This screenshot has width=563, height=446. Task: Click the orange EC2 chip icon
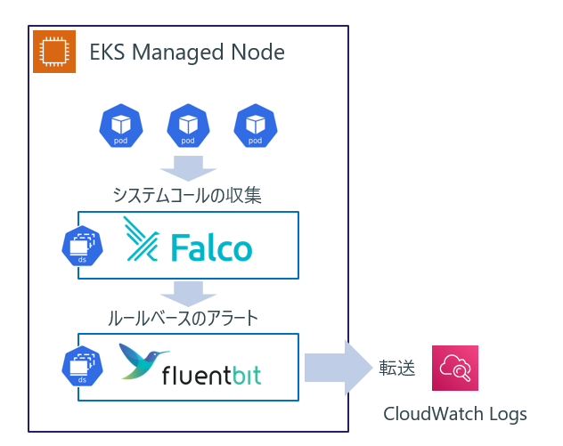(x=54, y=52)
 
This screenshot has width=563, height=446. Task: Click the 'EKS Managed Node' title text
(x=187, y=53)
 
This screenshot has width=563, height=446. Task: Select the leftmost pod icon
(x=121, y=126)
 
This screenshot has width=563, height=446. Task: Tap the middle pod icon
(x=188, y=126)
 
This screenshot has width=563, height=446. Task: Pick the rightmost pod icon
(x=256, y=126)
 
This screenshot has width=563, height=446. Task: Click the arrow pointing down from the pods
(x=188, y=168)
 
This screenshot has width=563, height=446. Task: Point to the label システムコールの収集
(x=187, y=196)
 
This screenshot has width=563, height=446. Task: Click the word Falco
(x=211, y=247)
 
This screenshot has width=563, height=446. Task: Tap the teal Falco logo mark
(x=141, y=239)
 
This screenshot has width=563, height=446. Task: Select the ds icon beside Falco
(x=82, y=246)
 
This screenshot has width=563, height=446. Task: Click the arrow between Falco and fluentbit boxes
(x=188, y=294)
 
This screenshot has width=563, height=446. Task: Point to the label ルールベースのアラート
(x=184, y=319)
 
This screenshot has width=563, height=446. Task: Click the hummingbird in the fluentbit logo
(x=143, y=361)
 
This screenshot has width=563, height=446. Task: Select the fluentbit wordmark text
(x=211, y=376)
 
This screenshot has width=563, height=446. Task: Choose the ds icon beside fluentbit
(x=82, y=367)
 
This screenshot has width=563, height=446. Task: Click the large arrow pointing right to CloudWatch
(x=339, y=368)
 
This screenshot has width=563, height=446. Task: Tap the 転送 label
(x=397, y=369)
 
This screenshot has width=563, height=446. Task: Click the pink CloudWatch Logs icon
(x=455, y=368)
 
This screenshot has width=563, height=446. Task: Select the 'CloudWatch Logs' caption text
(x=455, y=414)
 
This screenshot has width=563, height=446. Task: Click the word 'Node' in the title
(x=257, y=52)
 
